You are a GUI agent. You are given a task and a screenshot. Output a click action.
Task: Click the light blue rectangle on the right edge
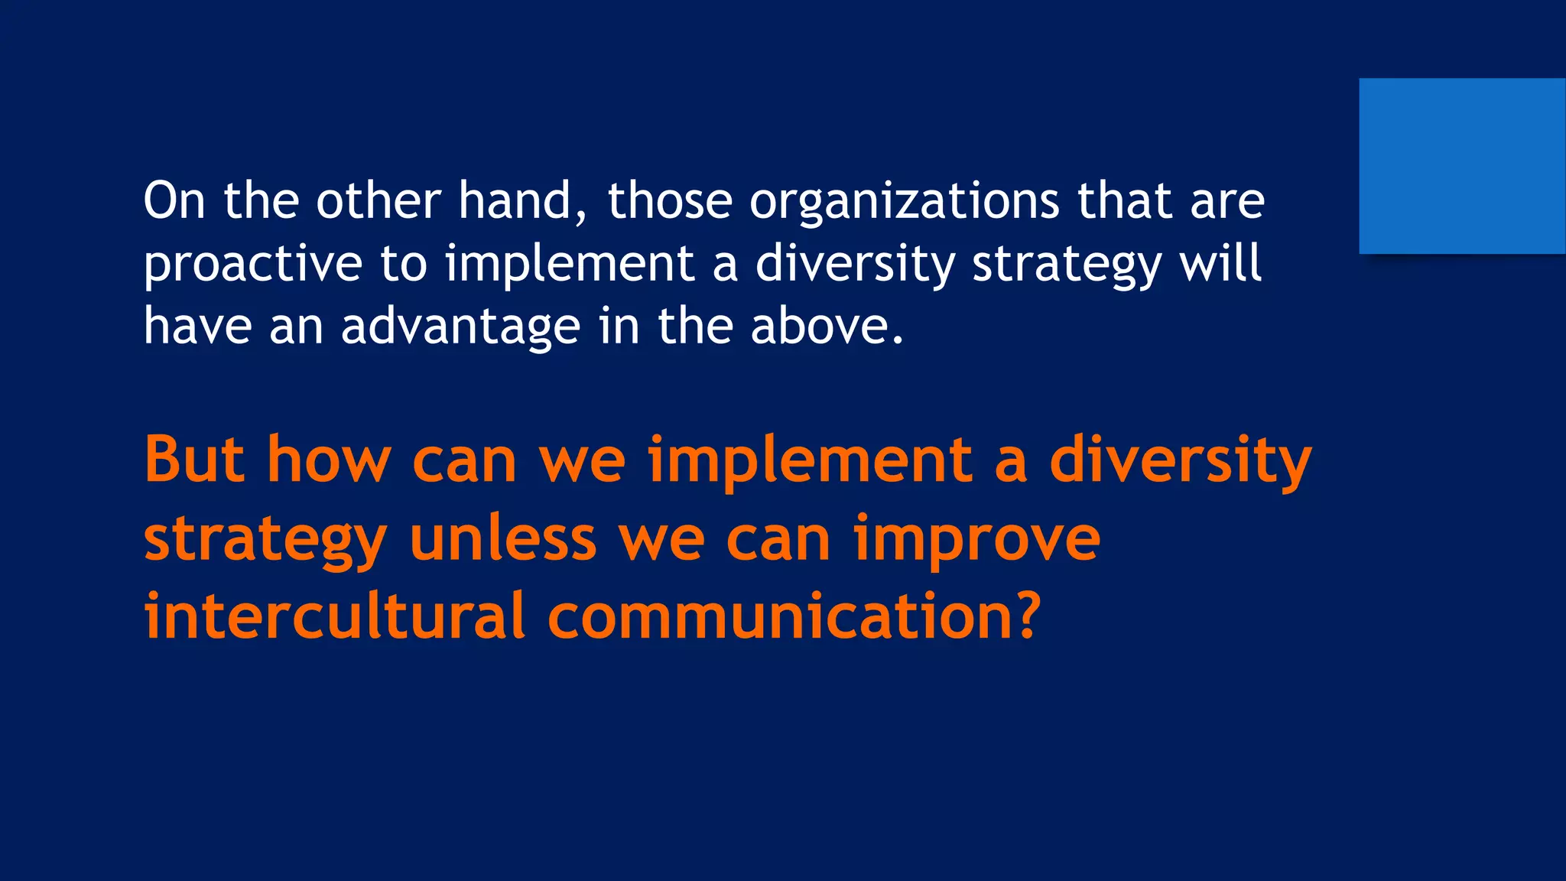click(x=1461, y=166)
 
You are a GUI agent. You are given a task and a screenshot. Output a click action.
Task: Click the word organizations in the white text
click(x=904, y=202)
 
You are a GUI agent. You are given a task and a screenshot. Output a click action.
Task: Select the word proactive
click(x=252, y=265)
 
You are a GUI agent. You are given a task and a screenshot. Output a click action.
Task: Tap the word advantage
click(x=460, y=327)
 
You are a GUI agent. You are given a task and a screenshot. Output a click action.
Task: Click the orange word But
click(x=194, y=460)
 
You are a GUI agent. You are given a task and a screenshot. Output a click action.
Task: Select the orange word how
click(x=329, y=460)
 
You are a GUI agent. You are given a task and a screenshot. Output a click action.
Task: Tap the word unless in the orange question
click(x=502, y=538)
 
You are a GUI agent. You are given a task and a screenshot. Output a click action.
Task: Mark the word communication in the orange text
click(x=772, y=616)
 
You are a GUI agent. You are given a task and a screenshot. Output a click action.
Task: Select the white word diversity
click(x=855, y=265)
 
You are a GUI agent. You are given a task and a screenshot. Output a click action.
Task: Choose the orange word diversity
click(x=1180, y=462)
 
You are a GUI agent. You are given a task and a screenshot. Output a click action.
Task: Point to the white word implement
click(x=570, y=265)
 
